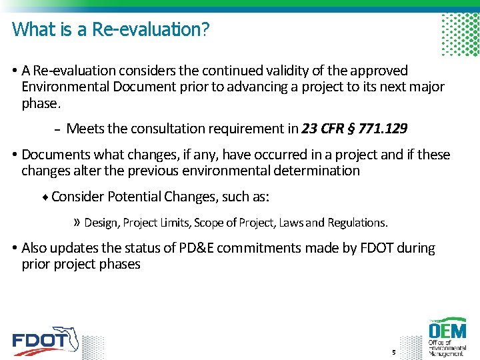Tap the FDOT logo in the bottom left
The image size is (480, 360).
(x=45, y=341)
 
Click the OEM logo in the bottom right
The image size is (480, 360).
(x=448, y=337)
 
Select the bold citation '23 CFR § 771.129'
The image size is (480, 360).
(x=355, y=129)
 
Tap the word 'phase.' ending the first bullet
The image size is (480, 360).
(x=41, y=104)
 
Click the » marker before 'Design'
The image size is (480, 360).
(x=77, y=222)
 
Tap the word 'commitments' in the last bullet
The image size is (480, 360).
(x=260, y=248)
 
